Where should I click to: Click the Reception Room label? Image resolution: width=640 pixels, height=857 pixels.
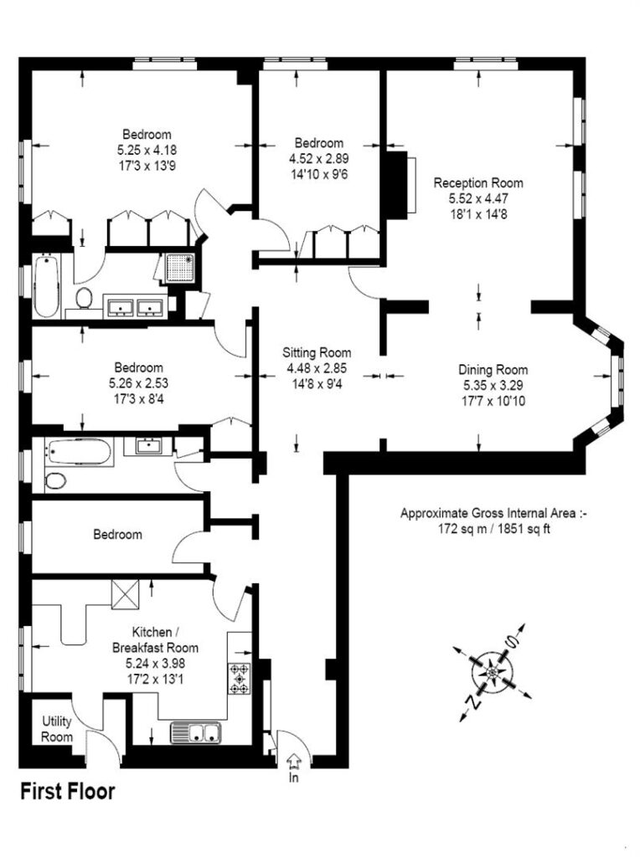click(478, 182)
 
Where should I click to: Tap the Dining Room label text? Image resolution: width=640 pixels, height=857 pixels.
click(493, 370)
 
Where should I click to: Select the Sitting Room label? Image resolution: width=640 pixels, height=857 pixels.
click(317, 352)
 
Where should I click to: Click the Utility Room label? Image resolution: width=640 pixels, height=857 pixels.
click(57, 729)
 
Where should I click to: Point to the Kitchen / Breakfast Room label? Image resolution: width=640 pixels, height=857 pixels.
click(155, 640)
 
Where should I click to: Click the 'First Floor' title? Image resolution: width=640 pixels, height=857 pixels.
click(68, 792)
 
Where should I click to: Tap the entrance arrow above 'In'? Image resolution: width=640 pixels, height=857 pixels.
click(294, 760)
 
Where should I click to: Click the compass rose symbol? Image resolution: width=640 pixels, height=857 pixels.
click(491, 670)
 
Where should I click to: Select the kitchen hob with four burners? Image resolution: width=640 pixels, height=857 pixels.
click(239, 679)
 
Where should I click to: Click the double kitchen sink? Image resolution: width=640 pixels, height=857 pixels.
click(196, 733)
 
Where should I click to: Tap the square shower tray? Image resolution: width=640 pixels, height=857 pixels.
click(180, 269)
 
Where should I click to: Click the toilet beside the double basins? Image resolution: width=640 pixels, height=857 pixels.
click(84, 298)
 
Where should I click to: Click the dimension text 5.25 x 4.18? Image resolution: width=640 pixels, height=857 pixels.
click(147, 150)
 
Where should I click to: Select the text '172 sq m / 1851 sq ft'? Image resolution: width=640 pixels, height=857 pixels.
click(494, 529)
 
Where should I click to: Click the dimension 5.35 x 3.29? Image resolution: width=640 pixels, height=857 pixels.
click(493, 385)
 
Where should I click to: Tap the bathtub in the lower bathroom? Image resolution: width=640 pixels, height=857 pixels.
click(79, 451)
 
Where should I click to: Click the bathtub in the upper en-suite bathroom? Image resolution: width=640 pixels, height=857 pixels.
click(46, 285)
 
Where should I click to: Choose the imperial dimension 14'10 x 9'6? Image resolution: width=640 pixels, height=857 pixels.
click(319, 174)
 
